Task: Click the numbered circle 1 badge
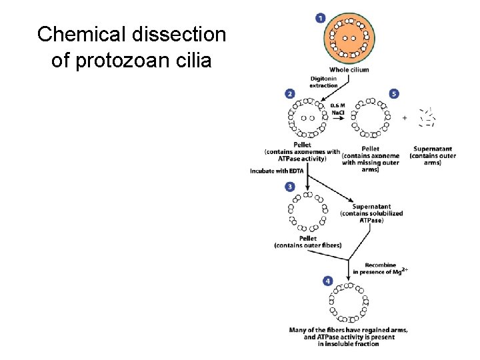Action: click(x=321, y=17)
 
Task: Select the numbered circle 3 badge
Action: click(x=290, y=187)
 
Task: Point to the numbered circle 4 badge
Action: click(x=327, y=281)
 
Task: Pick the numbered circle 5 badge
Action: click(x=394, y=94)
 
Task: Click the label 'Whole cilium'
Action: click(x=349, y=70)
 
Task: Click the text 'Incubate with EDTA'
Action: click(x=277, y=171)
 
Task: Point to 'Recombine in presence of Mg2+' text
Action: click(x=381, y=268)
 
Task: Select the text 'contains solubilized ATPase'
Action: click(x=371, y=217)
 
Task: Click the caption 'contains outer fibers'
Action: click(x=308, y=245)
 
